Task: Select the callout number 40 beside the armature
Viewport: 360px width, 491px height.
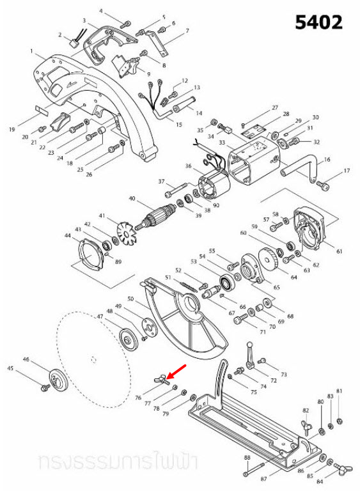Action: point(132,199)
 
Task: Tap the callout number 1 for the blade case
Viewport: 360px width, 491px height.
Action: point(31,51)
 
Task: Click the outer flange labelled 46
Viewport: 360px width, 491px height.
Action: point(56,382)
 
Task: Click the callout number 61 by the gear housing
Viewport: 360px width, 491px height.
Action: point(340,251)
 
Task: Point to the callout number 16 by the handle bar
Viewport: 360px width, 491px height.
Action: point(327,159)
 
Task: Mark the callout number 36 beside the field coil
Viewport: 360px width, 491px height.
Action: point(188,166)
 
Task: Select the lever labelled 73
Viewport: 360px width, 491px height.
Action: point(251,353)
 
